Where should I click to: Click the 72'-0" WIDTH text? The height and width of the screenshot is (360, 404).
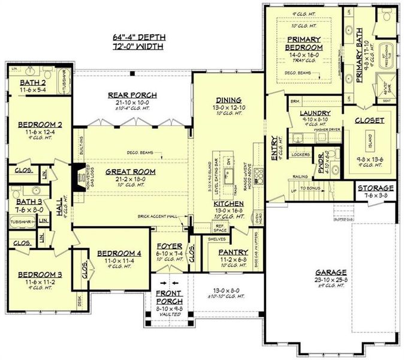pyautogui.click(x=138, y=46)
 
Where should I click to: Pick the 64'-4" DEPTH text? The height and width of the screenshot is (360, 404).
pyautogui.click(x=138, y=36)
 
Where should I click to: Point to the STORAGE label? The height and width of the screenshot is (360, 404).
pyautogui.click(x=376, y=188)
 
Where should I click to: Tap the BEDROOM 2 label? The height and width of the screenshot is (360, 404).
pyautogui.click(x=37, y=125)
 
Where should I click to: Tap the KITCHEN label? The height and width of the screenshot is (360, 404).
pyautogui.click(x=228, y=204)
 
